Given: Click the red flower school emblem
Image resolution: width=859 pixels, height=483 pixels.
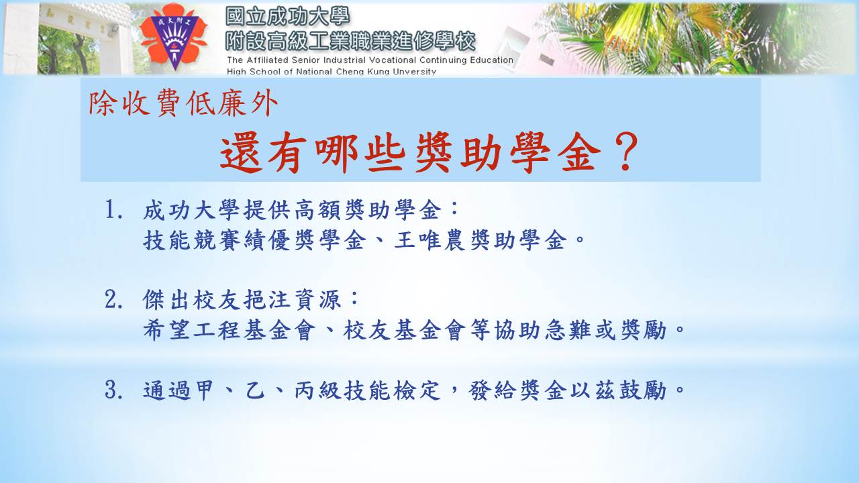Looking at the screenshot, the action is tap(173, 37).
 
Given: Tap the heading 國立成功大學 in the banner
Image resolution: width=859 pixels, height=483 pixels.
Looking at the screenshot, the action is tap(288, 17).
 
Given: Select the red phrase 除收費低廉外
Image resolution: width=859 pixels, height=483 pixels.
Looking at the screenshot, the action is tap(183, 103).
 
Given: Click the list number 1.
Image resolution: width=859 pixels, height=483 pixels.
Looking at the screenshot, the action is tap(114, 210).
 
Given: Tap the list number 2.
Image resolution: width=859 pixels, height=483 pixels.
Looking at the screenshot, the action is tap(114, 299).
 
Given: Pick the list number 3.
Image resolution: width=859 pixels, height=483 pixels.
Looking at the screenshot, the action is tap(114, 390).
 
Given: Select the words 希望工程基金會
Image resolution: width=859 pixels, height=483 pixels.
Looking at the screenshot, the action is tap(230, 330).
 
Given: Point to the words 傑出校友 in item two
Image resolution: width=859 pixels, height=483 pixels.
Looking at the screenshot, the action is tap(192, 299).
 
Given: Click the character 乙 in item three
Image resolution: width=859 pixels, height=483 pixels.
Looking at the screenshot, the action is tap(254, 390).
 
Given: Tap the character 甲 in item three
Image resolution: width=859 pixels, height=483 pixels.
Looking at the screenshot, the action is tap(204, 390).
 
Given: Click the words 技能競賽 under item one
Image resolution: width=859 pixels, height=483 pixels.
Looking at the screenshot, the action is tap(192, 241).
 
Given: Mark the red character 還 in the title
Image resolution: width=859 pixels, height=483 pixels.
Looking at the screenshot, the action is tap(241, 152).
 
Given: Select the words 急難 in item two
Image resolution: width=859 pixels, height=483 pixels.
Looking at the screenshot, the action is tap(568, 330).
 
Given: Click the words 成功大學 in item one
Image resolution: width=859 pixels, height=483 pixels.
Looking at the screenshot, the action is tap(192, 210).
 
